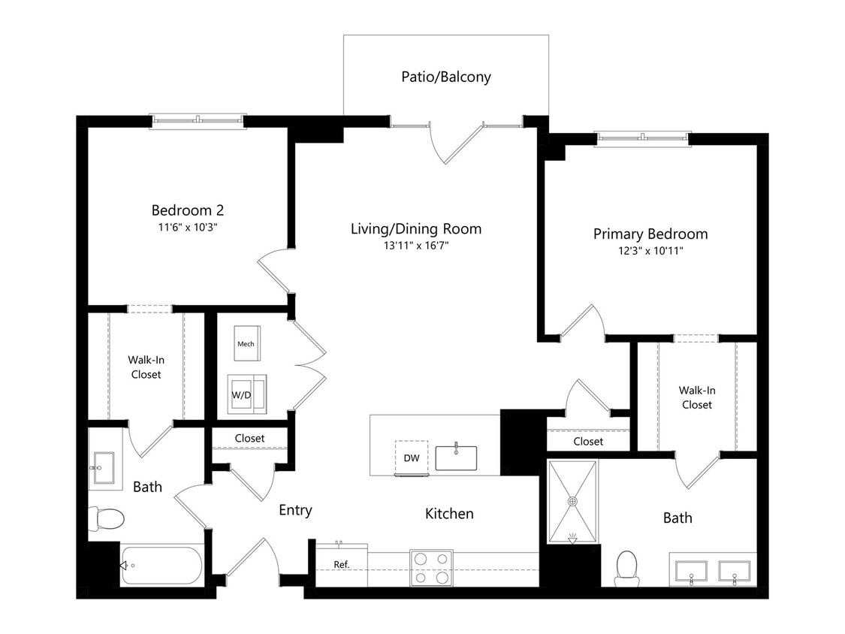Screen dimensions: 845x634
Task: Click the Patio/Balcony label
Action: [445, 77]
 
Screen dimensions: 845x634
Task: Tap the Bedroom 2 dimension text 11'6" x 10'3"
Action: [188, 228]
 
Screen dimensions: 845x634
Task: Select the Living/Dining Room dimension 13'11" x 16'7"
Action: [416, 246]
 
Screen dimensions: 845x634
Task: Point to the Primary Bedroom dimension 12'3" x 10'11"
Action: [650, 251]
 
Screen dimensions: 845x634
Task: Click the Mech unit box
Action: [247, 343]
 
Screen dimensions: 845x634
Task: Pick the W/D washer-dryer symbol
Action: [247, 394]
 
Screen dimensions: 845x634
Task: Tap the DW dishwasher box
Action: [412, 458]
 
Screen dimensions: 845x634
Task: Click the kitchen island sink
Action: [456, 457]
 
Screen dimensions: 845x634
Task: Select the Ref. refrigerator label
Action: [342, 564]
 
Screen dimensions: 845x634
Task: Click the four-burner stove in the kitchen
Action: [431, 568]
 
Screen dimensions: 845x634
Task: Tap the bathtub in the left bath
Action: [161, 566]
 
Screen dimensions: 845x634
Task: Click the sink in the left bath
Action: [104, 468]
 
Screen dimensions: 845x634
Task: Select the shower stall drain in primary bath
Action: [572, 501]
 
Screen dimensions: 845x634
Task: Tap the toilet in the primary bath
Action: [626, 568]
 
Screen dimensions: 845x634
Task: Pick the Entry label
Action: [295, 511]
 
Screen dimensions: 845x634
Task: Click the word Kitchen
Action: [449, 514]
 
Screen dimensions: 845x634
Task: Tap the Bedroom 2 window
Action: [198, 121]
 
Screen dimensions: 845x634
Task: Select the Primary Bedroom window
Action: [642, 138]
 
